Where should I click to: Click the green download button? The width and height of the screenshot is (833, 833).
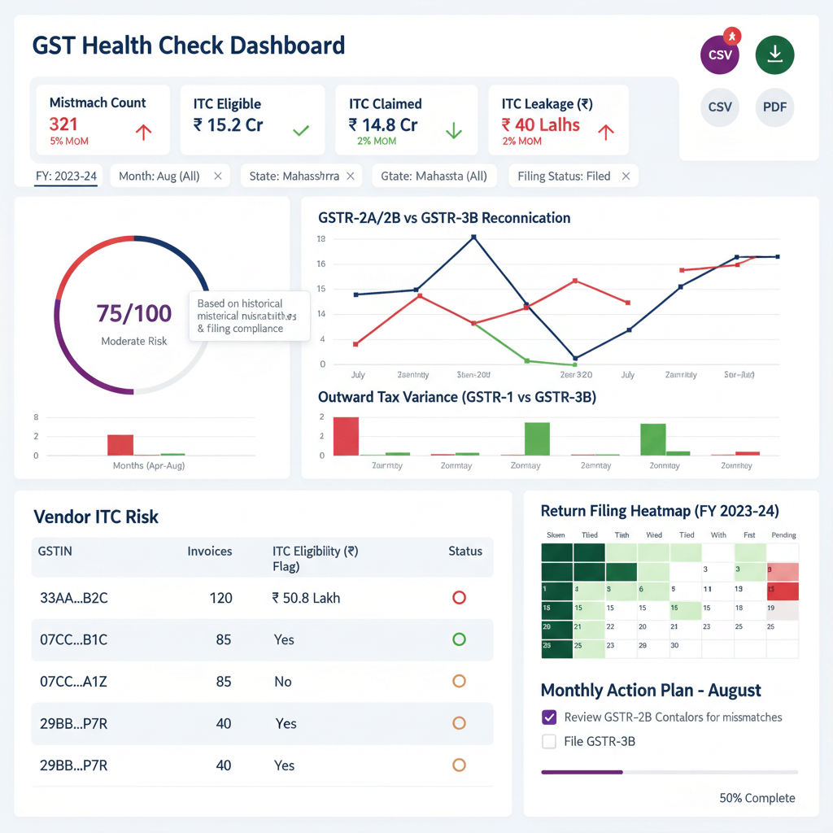[x=774, y=55]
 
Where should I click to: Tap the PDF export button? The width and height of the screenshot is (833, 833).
[x=774, y=107]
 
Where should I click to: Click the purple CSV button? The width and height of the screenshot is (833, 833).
[x=721, y=55]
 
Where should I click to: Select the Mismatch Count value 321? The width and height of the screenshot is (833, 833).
[x=63, y=124]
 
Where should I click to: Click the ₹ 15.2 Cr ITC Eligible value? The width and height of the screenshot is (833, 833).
[x=229, y=124]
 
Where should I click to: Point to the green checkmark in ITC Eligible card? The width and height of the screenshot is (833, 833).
[x=300, y=129]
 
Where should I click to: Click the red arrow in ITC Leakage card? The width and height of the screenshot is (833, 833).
[x=604, y=131]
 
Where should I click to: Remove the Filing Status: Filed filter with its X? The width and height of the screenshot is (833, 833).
[x=626, y=176]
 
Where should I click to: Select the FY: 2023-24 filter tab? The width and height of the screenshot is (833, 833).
[x=67, y=176]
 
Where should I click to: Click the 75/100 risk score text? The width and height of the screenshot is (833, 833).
[x=134, y=313]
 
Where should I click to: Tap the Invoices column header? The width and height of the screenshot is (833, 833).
[x=210, y=551]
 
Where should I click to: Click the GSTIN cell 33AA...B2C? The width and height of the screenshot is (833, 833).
[x=74, y=598]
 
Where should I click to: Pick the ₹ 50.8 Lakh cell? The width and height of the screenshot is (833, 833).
[x=306, y=598]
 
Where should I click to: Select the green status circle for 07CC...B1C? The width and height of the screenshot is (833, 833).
[x=459, y=639]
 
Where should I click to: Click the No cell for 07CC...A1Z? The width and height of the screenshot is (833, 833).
[x=282, y=682]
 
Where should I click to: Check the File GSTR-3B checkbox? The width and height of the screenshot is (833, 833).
[x=549, y=741]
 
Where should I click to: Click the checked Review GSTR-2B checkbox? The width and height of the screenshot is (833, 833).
[x=549, y=717]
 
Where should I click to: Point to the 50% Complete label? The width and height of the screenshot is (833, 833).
[x=757, y=798]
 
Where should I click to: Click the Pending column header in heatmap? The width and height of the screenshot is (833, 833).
[x=783, y=535]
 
